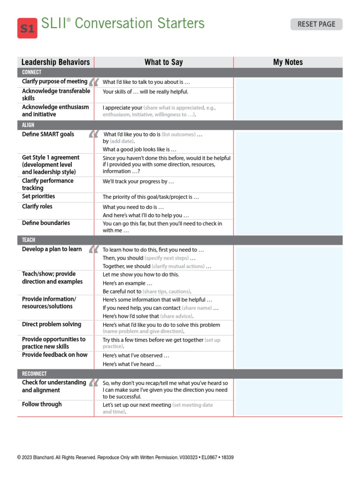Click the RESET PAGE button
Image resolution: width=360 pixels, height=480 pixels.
point(316,24)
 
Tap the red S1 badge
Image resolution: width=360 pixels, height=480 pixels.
point(27,29)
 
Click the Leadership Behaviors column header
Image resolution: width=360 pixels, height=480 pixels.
point(55,62)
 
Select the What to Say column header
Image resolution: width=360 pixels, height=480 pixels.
point(164,62)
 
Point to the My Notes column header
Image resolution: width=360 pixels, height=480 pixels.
point(288,62)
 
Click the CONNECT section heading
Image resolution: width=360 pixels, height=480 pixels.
point(32,72)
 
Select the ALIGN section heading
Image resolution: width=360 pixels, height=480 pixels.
point(28,125)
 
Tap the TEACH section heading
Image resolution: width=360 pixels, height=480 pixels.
point(29,240)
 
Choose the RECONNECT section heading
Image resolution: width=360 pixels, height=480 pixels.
point(35,374)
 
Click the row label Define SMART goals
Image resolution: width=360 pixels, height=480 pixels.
point(48,135)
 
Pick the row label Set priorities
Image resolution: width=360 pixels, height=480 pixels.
point(38,196)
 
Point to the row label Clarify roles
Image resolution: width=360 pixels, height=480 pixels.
point(37,207)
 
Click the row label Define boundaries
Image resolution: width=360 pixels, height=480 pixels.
point(46,223)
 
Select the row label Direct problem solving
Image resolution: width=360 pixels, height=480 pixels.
point(52,324)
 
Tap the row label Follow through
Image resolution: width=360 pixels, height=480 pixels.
point(42,405)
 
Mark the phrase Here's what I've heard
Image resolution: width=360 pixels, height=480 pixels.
point(132,364)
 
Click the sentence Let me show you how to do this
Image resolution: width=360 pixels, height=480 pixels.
point(141,275)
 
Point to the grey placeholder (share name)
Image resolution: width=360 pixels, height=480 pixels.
point(196,308)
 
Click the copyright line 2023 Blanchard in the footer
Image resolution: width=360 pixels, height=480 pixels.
point(56,457)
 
